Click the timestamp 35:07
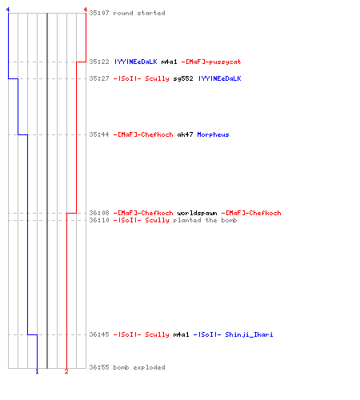[x=99, y=13]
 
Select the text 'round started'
[x=139, y=13]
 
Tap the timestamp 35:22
[x=99, y=62]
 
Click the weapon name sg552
[x=183, y=78]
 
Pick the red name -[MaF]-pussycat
[x=211, y=62]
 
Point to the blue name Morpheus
[x=213, y=134]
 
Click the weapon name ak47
[x=185, y=134]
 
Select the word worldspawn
[x=197, y=213]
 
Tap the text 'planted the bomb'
[x=205, y=220]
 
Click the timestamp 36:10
[x=99, y=220]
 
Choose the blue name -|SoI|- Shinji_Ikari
[x=233, y=334]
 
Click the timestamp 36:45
[x=99, y=334]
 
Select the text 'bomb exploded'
[x=139, y=367]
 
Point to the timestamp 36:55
[x=99, y=367]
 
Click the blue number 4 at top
[x=8, y=10]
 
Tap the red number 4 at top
[x=86, y=10]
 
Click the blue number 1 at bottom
[x=37, y=371]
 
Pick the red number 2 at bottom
[x=66, y=371]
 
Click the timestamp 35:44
[x=99, y=134]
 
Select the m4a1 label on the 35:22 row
[x=169, y=62]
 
